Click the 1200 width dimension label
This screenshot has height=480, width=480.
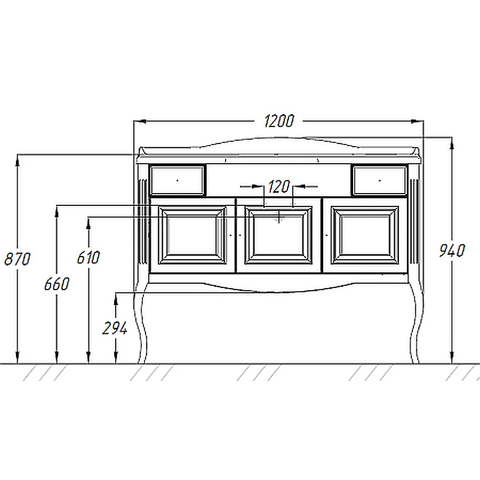pos(279,121)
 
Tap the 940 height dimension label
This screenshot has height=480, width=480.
pos(452,251)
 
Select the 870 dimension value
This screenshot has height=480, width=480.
pos(18,259)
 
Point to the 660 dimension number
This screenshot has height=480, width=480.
pos(57,284)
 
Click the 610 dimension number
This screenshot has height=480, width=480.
pos(88,258)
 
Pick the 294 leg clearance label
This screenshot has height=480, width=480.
pos(115,329)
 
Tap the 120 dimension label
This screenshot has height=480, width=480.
pos(278,187)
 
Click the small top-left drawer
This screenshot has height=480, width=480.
pos(177,181)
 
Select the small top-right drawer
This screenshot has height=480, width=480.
pos(380,181)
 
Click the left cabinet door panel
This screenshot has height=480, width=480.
pos(193,235)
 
